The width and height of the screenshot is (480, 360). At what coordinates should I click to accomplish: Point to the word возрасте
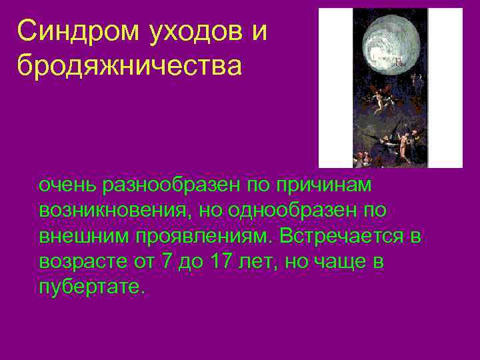[81, 262]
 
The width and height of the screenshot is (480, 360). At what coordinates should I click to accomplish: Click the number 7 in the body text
[167, 262]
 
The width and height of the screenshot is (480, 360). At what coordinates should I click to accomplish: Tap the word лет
[261, 262]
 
